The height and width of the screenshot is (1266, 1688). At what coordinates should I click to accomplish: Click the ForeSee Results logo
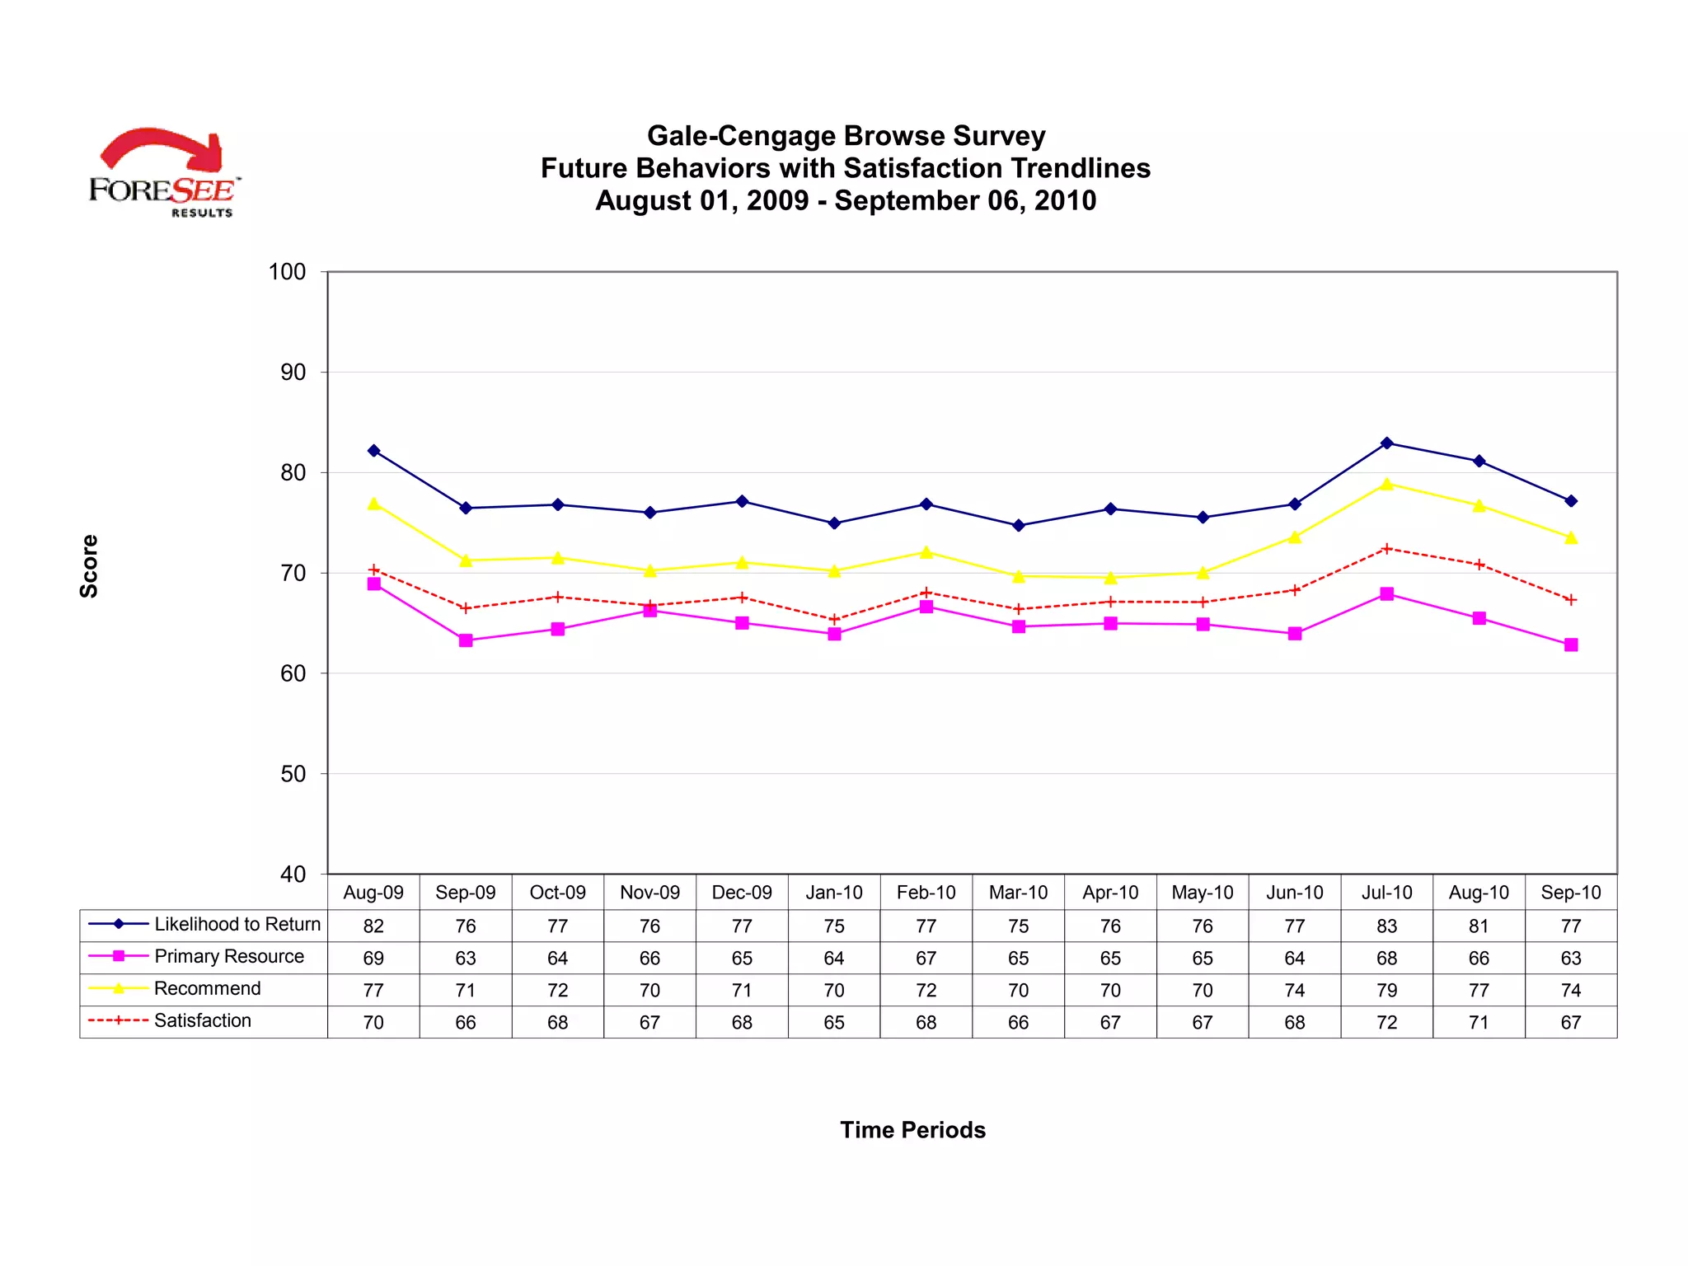point(164,173)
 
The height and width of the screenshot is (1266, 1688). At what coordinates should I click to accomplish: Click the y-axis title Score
point(89,566)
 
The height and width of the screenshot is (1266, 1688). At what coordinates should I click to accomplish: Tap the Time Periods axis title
point(912,1130)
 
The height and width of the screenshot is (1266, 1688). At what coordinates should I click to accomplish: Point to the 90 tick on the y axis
point(293,373)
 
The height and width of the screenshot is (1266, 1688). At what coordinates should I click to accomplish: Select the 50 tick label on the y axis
point(293,774)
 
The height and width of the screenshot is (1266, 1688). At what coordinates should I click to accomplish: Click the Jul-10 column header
point(1386,893)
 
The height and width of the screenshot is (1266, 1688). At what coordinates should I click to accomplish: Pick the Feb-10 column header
point(926,893)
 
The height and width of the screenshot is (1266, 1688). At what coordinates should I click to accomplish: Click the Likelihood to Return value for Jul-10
point(1386,926)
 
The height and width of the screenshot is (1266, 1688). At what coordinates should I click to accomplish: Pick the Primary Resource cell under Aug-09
point(373,959)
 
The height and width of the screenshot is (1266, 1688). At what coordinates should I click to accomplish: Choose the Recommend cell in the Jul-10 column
point(1386,991)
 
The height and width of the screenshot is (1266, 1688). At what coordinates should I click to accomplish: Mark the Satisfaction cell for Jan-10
point(834,1023)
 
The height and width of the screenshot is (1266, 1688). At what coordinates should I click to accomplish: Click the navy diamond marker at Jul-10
point(1386,443)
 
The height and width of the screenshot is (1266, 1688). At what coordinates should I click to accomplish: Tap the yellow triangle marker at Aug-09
point(373,504)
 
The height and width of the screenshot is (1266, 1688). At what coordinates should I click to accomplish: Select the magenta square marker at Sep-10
point(1571,645)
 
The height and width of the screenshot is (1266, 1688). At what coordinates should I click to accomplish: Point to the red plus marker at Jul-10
point(1386,549)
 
